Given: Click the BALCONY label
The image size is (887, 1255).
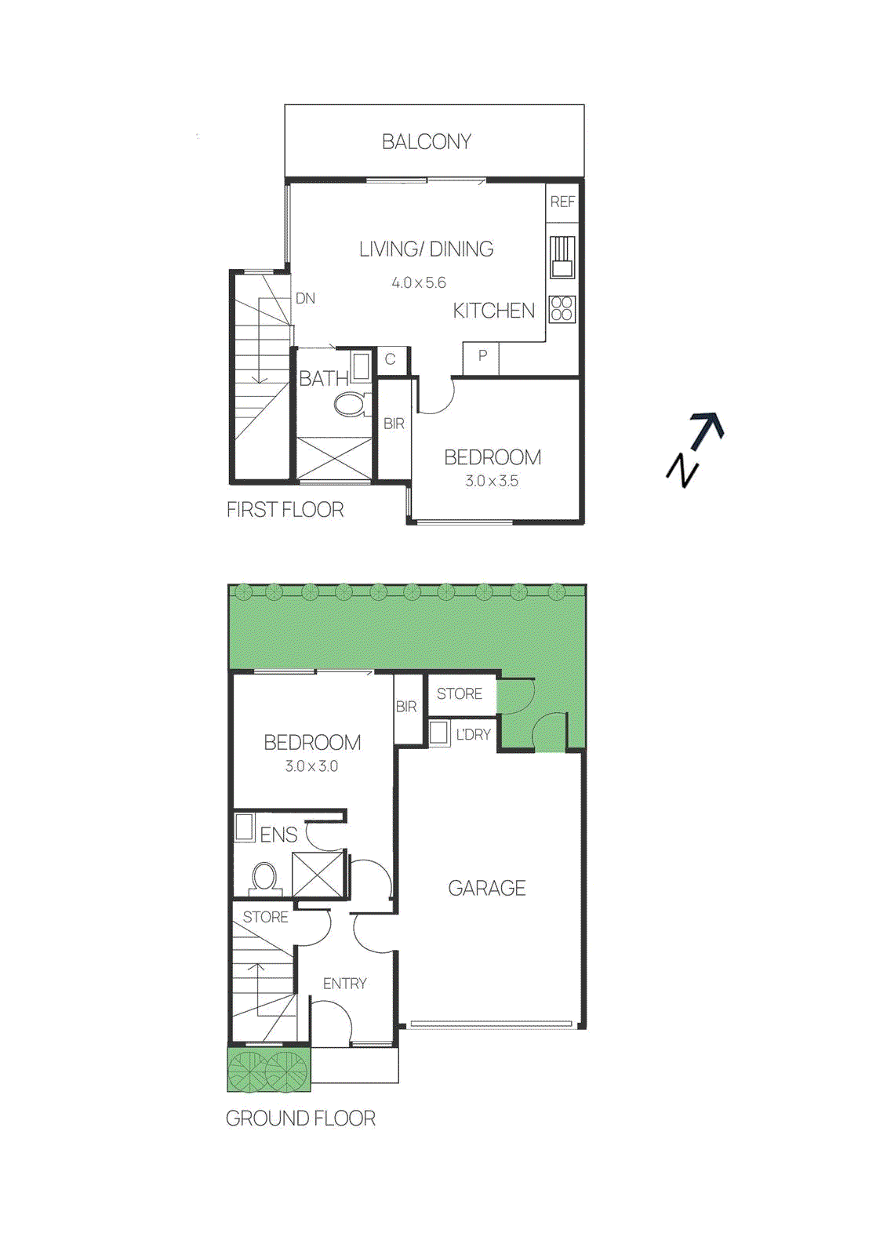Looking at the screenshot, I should click(x=426, y=142).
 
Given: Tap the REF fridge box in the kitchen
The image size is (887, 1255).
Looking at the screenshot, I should click(x=562, y=202).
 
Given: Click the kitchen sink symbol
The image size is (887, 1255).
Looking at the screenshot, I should click(x=562, y=257).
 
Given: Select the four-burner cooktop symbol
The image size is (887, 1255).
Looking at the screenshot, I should click(x=562, y=309).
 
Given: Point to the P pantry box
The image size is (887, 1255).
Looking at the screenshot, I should click(x=482, y=357).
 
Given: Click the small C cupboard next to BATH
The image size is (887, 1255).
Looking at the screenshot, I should click(x=391, y=360).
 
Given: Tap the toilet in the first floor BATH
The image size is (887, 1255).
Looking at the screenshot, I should click(x=350, y=405).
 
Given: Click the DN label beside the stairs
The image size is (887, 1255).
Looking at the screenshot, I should click(x=305, y=299).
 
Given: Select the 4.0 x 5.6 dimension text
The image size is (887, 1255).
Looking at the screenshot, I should click(x=419, y=283).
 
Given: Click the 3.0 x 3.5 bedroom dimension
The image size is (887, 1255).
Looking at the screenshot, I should click(x=492, y=482).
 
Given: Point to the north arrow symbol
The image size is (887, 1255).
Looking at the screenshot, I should click(x=695, y=449).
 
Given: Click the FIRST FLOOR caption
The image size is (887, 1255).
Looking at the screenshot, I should click(x=285, y=510).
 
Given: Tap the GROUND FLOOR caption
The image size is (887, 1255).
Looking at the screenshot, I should click(x=300, y=1119).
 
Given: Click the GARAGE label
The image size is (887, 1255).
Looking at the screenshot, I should click(x=486, y=889).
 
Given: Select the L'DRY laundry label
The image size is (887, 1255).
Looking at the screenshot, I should click(x=473, y=735).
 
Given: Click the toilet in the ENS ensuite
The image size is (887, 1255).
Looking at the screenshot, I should click(x=265, y=878).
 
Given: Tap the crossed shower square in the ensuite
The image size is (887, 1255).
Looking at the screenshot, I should click(x=318, y=874).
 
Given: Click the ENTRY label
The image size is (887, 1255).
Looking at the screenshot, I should click(x=344, y=984).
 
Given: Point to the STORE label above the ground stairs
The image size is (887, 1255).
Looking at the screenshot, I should click(x=265, y=917).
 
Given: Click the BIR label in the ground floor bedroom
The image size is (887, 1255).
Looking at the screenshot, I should click(x=406, y=707).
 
